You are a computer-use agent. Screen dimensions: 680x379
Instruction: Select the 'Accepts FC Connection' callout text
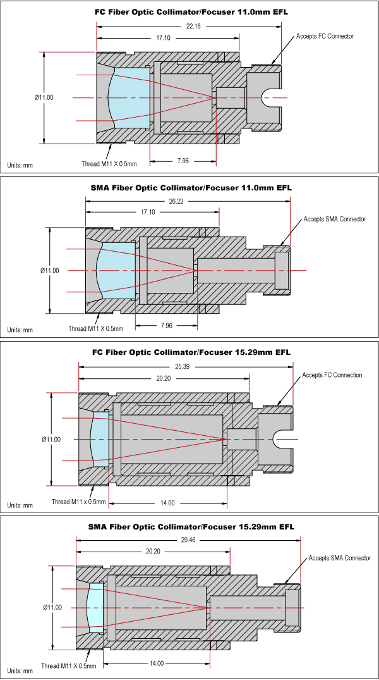click(x=332, y=375)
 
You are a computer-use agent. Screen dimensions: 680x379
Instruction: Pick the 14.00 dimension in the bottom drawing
click(x=156, y=664)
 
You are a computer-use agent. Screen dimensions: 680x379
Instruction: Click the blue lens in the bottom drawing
click(x=95, y=607)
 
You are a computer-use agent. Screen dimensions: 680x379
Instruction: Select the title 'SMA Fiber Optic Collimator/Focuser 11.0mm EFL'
click(x=191, y=188)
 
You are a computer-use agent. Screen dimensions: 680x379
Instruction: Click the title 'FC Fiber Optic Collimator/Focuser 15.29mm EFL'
click(x=191, y=352)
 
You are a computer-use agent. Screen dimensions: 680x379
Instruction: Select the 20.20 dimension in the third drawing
click(x=164, y=379)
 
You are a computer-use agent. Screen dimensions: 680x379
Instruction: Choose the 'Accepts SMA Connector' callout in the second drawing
click(x=334, y=219)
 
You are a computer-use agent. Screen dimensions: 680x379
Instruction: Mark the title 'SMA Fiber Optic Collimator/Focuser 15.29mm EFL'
click(x=191, y=526)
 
